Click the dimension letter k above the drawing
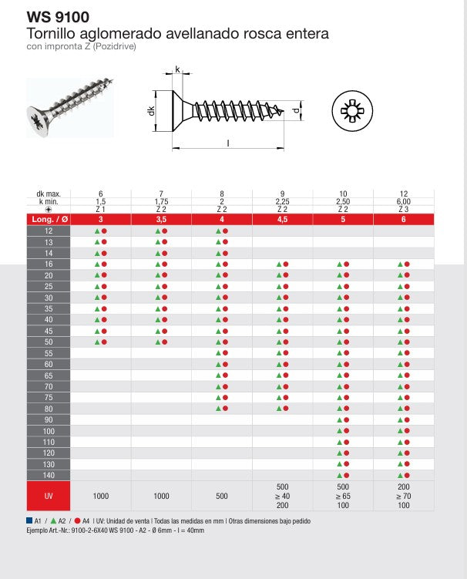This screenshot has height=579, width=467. tap(177, 70)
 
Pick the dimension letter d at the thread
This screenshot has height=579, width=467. tap(296, 111)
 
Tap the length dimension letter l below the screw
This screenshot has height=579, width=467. tap(228, 143)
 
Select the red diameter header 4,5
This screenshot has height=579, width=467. tap(281, 220)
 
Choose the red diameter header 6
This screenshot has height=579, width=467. tap(402, 220)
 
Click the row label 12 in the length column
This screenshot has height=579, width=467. tap(49, 231)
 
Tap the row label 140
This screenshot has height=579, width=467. tap(49, 475)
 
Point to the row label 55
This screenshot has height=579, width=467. tap(49, 353)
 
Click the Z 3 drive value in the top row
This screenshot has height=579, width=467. tap(402, 209)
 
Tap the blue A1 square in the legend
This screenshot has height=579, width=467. tap(29, 521)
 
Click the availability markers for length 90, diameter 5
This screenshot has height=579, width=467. tap(342, 419)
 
